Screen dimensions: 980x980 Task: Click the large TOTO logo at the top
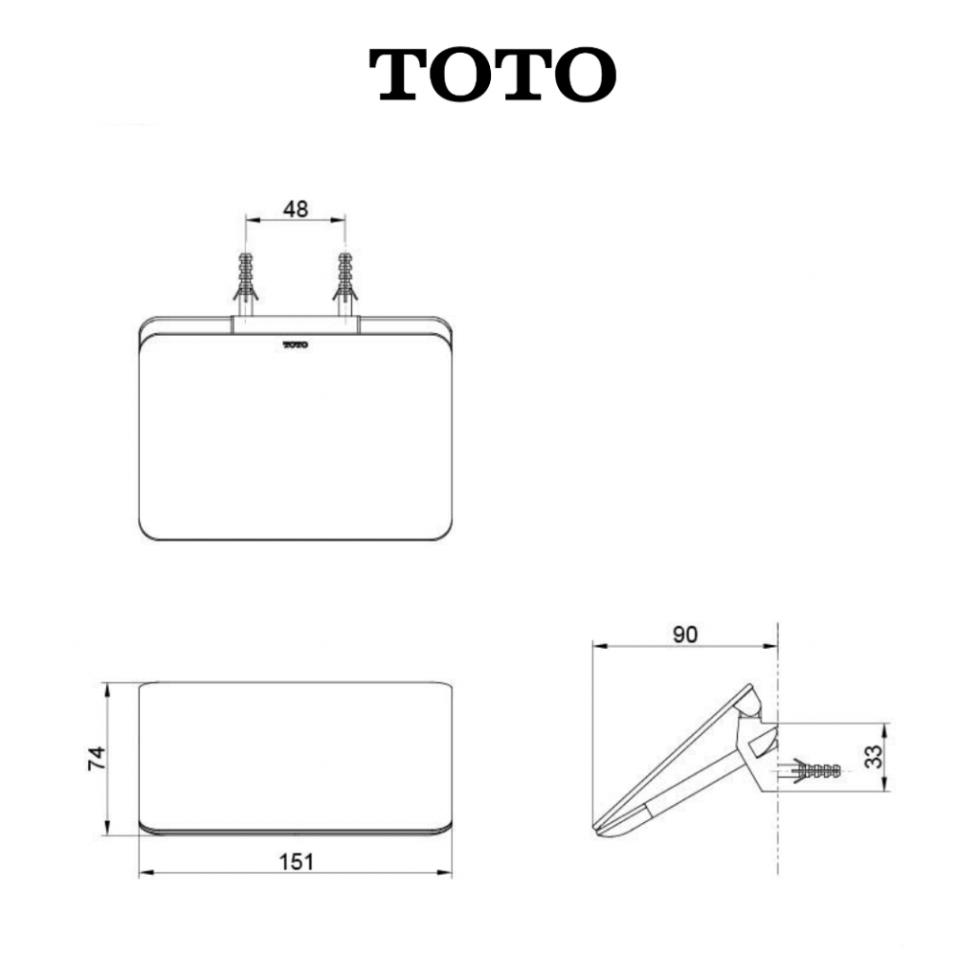coord(493,75)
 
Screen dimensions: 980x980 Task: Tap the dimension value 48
coord(296,209)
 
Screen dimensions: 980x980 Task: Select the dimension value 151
coord(296,862)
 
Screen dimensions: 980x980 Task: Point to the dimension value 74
coord(97,758)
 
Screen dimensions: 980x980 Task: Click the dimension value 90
coord(685,635)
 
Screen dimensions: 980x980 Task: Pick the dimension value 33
coord(877,757)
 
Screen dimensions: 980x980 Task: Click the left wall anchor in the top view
coord(246,285)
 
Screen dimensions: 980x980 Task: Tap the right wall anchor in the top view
coord(345,285)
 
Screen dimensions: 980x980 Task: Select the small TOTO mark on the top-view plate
coord(296,345)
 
